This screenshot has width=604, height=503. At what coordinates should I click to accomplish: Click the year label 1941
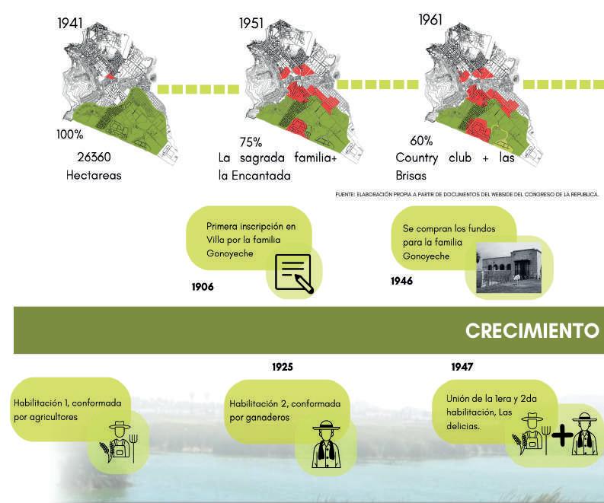pyautogui.click(x=70, y=23)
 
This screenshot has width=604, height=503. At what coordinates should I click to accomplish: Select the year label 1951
pyautogui.click(x=251, y=23)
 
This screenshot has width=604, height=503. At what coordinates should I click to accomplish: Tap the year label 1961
pyautogui.click(x=430, y=19)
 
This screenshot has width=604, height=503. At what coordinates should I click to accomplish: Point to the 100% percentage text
pyautogui.click(x=69, y=135)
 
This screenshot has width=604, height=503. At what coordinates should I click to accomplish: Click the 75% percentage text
pyautogui.click(x=250, y=142)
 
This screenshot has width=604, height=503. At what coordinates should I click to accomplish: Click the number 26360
pyautogui.click(x=94, y=157)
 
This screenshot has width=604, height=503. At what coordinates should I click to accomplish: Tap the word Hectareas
pyautogui.click(x=94, y=175)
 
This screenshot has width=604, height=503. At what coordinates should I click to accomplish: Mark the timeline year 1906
pyautogui.click(x=203, y=288)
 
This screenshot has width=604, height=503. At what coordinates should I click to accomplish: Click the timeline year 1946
pyautogui.click(x=401, y=282)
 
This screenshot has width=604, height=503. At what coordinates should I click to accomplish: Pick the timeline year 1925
pyautogui.click(x=283, y=367)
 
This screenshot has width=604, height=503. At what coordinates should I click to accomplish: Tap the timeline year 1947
pyautogui.click(x=462, y=367)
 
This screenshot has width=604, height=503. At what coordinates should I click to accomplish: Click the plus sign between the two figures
pyautogui.click(x=561, y=435)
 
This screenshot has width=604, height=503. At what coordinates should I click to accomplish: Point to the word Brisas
pyautogui.click(x=412, y=176)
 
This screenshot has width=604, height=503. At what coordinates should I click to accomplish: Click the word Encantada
pyautogui.click(x=269, y=176)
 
